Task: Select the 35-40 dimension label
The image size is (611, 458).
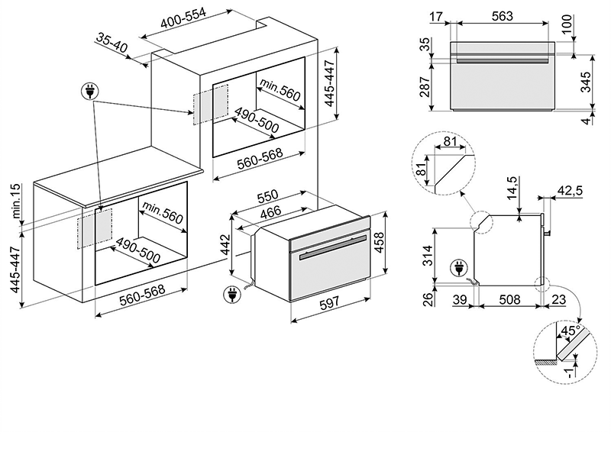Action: click(x=113, y=44)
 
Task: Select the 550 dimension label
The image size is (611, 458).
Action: click(x=266, y=195)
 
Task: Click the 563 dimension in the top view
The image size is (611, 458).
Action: click(x=501, y=16)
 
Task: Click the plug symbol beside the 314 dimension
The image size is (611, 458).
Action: click(x=461, y=268)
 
